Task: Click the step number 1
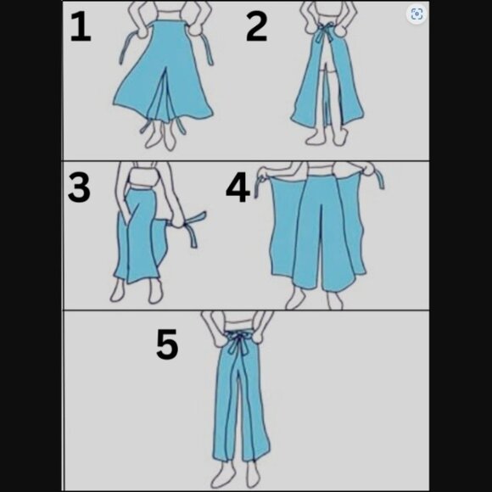[x=81, y=27]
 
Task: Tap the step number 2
[x=257, y=27]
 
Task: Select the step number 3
[x=79, y=187]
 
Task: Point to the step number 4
[x=238, y=189]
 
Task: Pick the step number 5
[x=167, y=344]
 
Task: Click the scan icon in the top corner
[x=417, y=14]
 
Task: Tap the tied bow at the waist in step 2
[x=324, y=32]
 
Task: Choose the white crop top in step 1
[x=171, y=14]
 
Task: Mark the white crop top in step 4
[x=320, y=169]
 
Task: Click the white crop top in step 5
[x=238, y=324]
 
